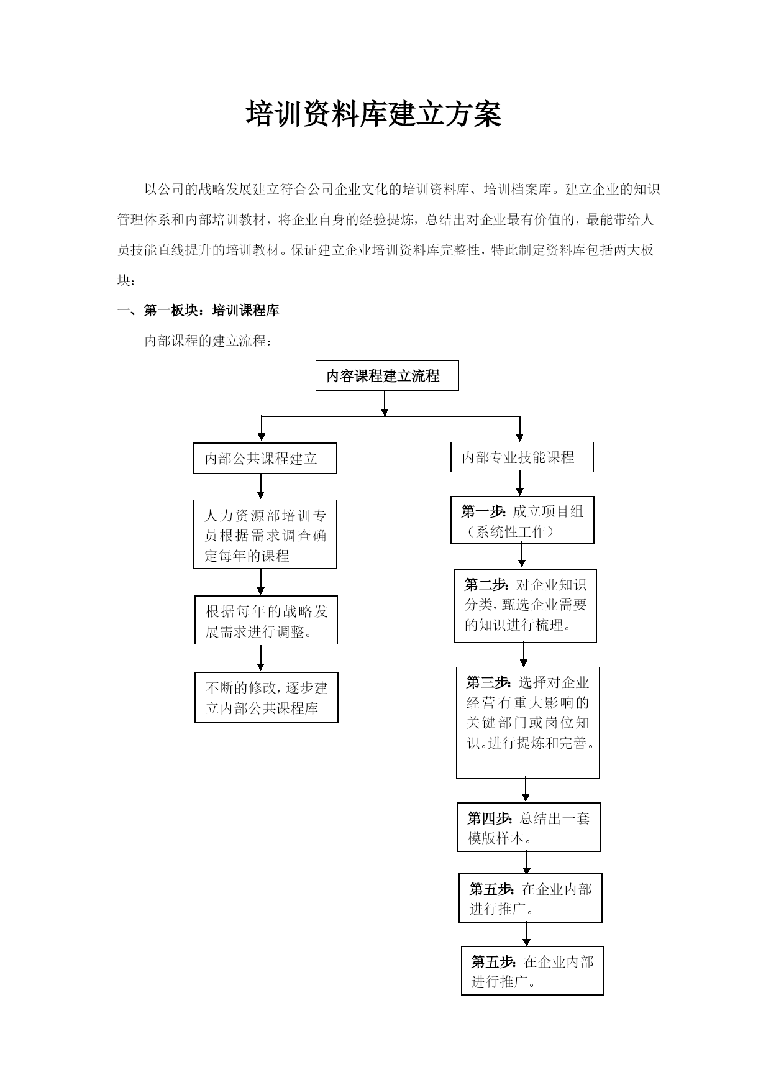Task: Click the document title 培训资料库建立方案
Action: [x=374, y=115]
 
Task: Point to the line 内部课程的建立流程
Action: [x=208, y=341]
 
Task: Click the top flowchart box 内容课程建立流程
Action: [x=387, y=375]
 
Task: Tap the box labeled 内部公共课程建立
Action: [x=265, y=458]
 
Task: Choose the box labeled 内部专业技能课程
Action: [x=522, y=457]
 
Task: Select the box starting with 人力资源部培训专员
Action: [x=265, y=534]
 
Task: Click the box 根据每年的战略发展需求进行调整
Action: [x=266, y=620]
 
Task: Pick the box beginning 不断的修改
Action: [x=266, y=698]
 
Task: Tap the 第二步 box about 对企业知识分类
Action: [x=525, y=605]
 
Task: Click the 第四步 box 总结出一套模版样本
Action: [x=528, y=827]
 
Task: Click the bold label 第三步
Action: [x=490, y=682]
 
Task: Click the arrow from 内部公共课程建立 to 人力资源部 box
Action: [x=261, y=487]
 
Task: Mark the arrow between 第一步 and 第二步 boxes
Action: [x=521, y=556]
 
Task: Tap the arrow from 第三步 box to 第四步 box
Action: [x=526, y=790]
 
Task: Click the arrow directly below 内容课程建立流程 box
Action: [x=385, y=403]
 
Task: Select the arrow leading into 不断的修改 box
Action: [x=261, y=659]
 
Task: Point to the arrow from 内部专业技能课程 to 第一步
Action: [x=520, y=484]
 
